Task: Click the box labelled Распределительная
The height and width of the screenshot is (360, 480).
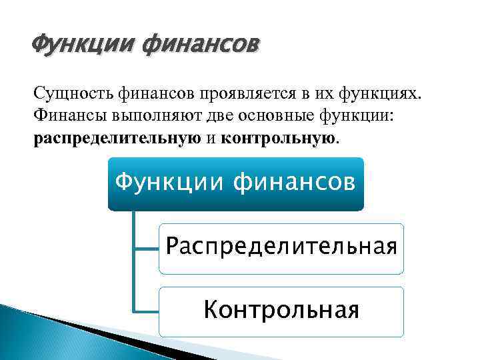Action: click(x=281, y=249)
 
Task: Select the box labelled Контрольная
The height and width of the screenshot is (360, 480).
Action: click(x=281, y=311)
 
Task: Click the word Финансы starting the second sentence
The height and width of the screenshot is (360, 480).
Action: click(x=64, y=117)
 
